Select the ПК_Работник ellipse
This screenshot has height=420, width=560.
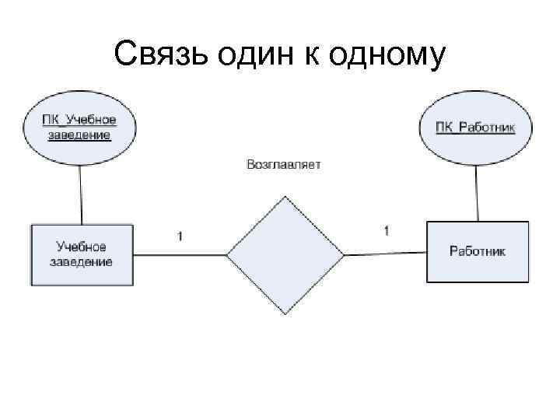click(474, 126)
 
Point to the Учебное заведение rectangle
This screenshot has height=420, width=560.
click(82, 254)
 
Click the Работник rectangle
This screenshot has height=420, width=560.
click(477, 251)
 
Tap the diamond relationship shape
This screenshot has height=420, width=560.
click(285, 254)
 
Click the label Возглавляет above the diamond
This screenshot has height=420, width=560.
click(283, 165)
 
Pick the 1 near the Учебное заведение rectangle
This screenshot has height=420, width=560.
click(180, 236)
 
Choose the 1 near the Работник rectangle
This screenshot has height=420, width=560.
click(387, 230)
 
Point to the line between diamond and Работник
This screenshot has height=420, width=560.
click(385, 253)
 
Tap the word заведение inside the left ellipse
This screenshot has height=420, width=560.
click(79, 134)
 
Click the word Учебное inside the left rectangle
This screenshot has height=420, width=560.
click(81, 247)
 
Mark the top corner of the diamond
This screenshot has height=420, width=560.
click(285, 195)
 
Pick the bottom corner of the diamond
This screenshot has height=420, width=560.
click(285, 313)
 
